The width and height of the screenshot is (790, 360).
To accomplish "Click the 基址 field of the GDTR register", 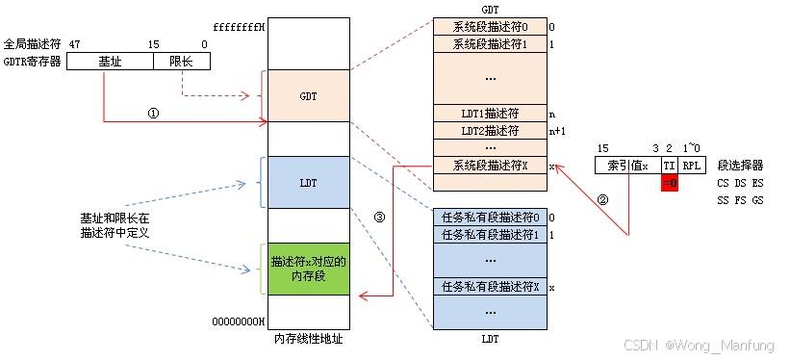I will pos(111,62).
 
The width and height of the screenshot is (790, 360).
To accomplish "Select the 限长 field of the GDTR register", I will pos(181,62).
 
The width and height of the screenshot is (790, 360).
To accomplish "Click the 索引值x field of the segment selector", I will pos(627,166).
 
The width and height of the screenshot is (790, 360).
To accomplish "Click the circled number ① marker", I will pos(152,113).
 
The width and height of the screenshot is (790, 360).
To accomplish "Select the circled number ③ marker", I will pos(379,217).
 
